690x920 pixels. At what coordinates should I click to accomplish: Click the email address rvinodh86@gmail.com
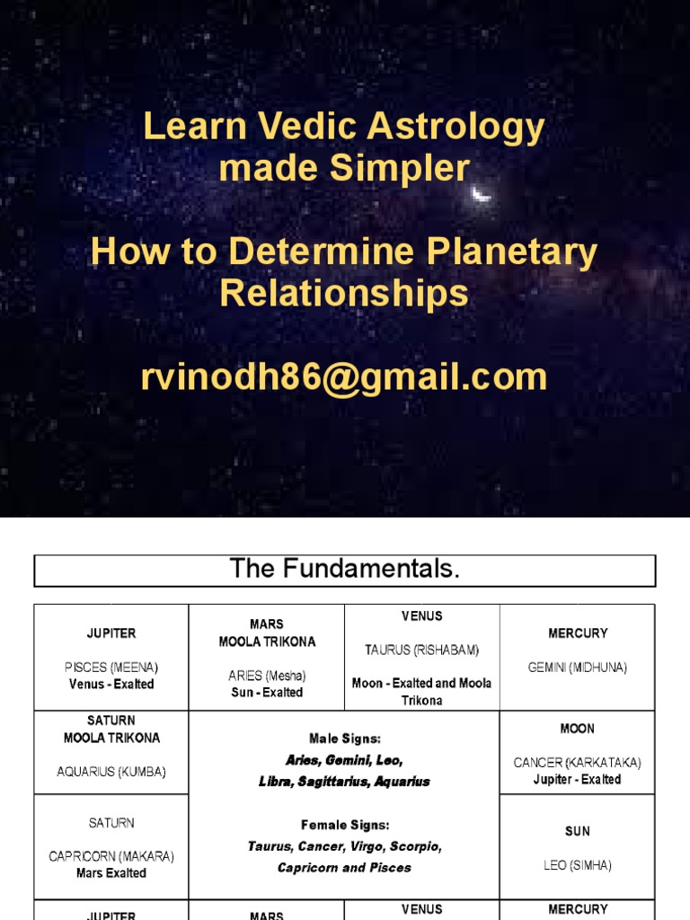coord(344,377)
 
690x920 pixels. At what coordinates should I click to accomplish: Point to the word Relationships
coord(344,294)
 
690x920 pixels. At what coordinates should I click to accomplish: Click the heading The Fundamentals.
coord(345,569)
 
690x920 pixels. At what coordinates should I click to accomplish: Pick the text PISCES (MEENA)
coord(111,668)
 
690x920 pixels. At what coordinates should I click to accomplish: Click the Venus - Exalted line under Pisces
coord(111,684)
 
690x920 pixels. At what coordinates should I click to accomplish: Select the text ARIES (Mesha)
coord(267,676)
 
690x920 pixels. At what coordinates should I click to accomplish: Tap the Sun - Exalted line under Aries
coord(267,693)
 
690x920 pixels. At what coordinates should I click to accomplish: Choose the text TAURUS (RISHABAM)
coord(421,650)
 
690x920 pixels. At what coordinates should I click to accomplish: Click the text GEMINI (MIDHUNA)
coord(578,668)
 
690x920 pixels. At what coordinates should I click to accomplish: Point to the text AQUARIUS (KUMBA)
coord(111,771)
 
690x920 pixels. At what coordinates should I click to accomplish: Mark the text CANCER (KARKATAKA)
coord(578,763)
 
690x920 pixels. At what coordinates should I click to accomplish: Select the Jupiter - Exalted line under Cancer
coord(578,779)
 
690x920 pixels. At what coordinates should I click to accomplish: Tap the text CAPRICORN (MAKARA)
coord(111,856)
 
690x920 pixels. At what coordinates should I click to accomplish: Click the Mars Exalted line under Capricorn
coord(111,872)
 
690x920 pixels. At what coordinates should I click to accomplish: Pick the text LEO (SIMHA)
coord(578,865)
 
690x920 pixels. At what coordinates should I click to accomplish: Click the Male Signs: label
coord(344,739)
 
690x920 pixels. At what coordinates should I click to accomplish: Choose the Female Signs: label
coord(344,825)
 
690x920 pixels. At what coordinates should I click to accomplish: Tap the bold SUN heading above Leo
coord(578,831)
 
